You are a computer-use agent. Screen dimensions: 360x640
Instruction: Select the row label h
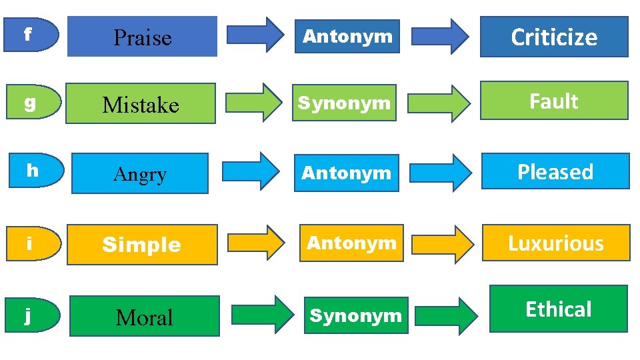[x=31, y=171]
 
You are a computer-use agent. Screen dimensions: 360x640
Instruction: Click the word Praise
[x=143, y=37]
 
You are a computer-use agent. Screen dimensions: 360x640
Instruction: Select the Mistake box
[x=141, y=104]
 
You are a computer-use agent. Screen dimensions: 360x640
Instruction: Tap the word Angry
[x=140, y=174]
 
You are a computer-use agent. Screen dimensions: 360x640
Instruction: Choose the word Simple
[x=142, y=245]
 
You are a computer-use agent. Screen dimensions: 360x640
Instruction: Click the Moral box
[x=144, y=317]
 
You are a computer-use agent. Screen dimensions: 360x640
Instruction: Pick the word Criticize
[x=554, y=37]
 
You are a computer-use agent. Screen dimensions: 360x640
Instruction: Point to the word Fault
[x=554, y=101]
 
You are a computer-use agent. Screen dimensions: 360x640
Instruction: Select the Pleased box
[x=555, y=172]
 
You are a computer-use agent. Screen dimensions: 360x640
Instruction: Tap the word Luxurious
[x=555, y=243]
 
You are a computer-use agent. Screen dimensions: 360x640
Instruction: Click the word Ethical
[x=559, y=309]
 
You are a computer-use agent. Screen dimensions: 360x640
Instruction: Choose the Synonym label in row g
[x=344, y=103]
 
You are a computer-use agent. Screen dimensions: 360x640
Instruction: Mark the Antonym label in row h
[x=346, y=173]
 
